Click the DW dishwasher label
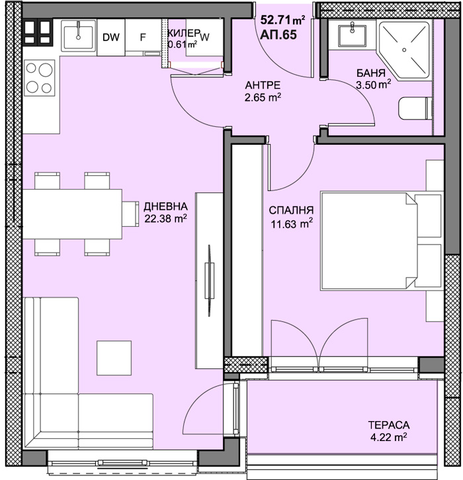coord(111,37)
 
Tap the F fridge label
coord(143,37)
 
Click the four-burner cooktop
coord(39,78)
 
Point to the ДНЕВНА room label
coord(165,207)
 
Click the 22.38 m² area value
coord(165,219)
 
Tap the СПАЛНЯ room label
coord(291,210)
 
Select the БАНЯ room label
coord(371,73)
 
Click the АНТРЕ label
coord(263,85)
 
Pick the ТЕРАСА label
coord(389,425)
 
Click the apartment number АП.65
coord(278,34)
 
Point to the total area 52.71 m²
coord(282,20)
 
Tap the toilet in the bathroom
coord(415,108)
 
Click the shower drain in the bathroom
coord(404,50)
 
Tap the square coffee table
coord(114,358)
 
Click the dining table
coord(72,214)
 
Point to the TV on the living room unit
coord(210,280)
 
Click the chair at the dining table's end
coord(130,214)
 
